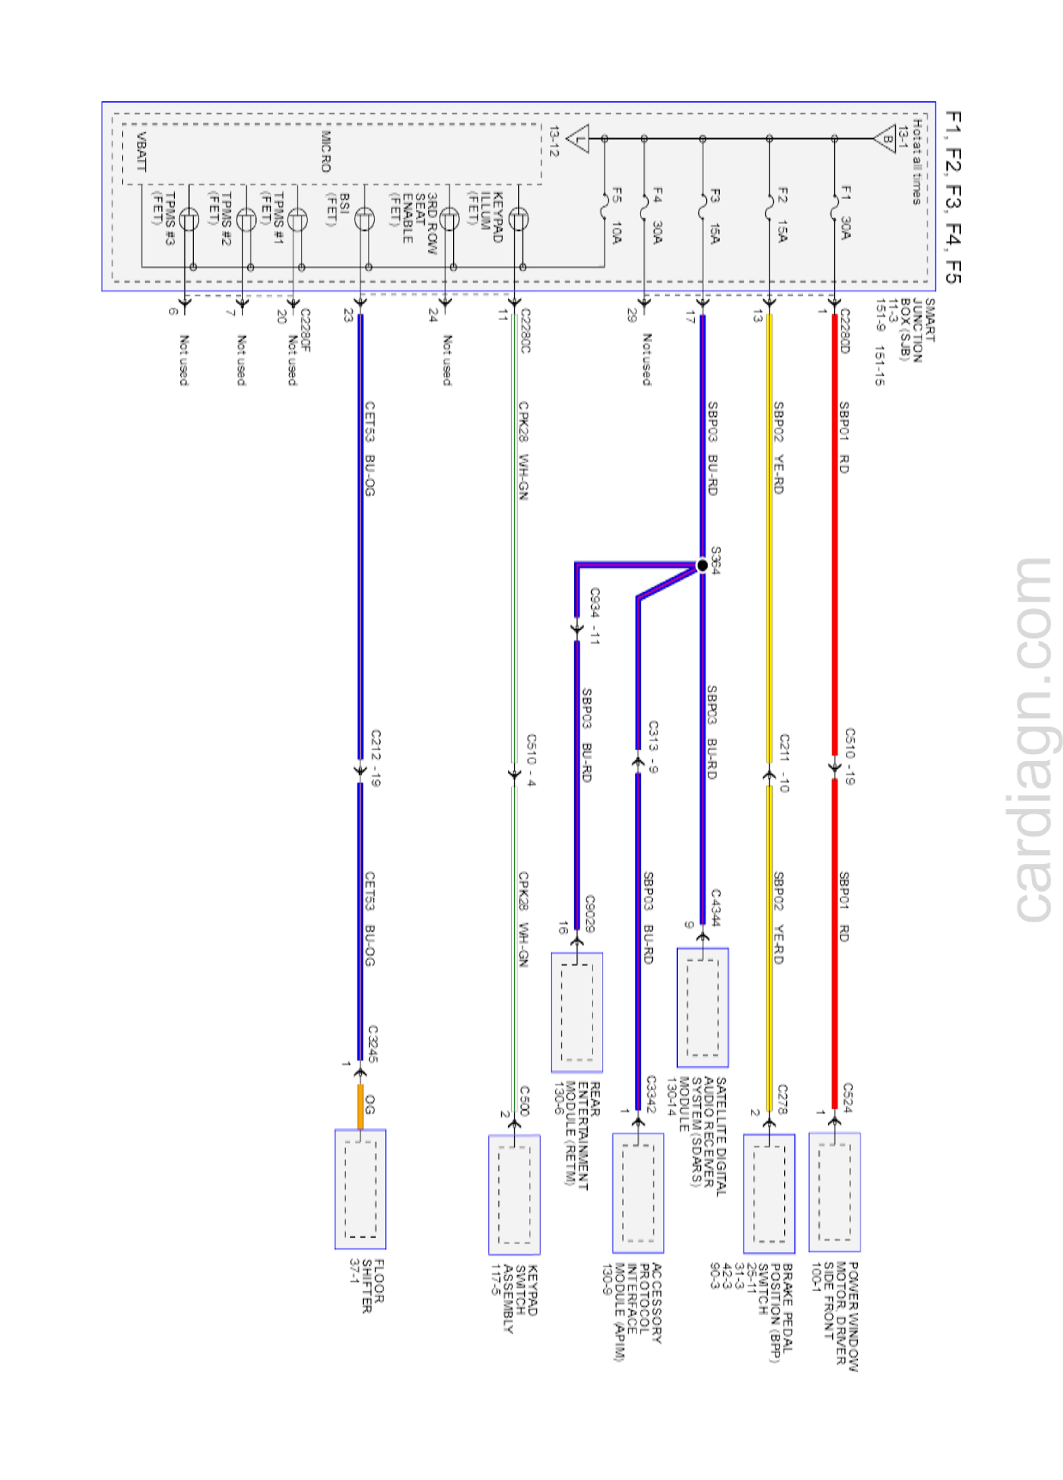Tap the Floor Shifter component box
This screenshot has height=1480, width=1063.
click(360, 1189)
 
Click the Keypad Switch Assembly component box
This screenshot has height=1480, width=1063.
click(514, 1194)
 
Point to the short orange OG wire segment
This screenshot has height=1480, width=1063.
click(360, 1106)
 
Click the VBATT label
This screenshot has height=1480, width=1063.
click(142, 151)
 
